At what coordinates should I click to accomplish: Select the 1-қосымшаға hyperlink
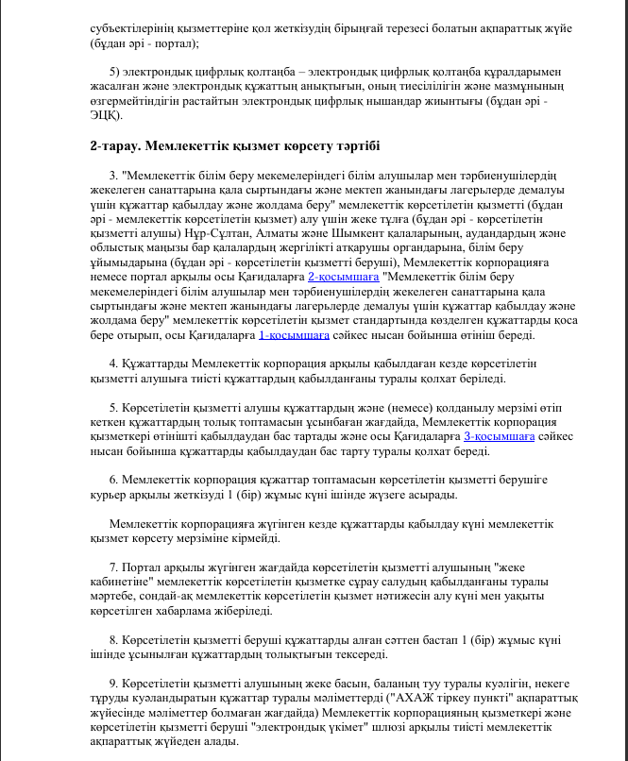(294, 334)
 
